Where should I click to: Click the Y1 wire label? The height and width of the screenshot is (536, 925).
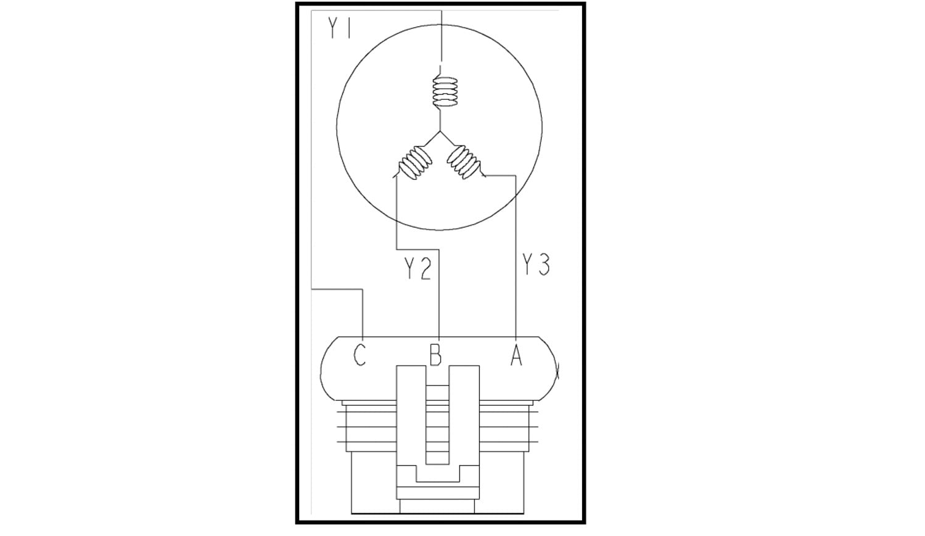339,28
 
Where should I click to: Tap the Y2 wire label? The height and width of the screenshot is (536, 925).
417,268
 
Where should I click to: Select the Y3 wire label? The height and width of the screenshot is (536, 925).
536,264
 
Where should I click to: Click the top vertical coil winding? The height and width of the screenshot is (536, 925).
445,92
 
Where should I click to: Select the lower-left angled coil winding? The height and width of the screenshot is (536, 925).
415,163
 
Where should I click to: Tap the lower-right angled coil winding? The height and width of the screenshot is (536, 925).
464,162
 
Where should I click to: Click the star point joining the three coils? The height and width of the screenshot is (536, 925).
440,131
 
